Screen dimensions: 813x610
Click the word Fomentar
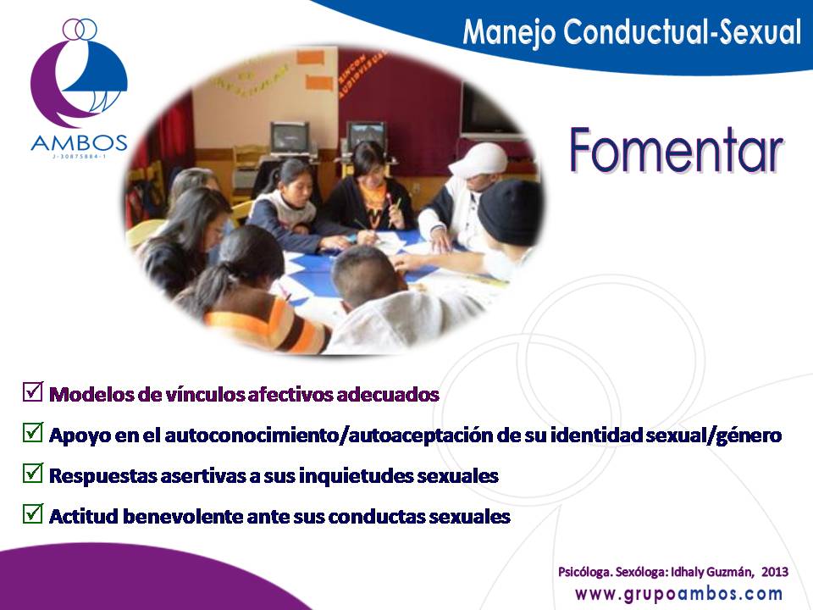tap(676, 151)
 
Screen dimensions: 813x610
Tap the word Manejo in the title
tap(509, 32)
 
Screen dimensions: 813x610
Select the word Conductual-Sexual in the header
tap(683, 31)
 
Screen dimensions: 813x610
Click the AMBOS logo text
tap(79, 142)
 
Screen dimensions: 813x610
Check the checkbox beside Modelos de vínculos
tap(33, 391)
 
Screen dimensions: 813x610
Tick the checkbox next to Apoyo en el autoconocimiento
tap(33, 432)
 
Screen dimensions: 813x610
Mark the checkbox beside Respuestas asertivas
tap(33, 473)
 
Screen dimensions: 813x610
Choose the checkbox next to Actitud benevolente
tap(33, 513)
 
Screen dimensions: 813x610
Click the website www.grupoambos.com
tap(678, 594)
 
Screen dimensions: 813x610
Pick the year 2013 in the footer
tap(775, 572)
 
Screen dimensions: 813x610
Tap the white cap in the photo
tap(479, 160)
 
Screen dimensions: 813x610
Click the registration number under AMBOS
tap(79, 156)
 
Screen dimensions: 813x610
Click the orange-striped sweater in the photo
tap(264, 324)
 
